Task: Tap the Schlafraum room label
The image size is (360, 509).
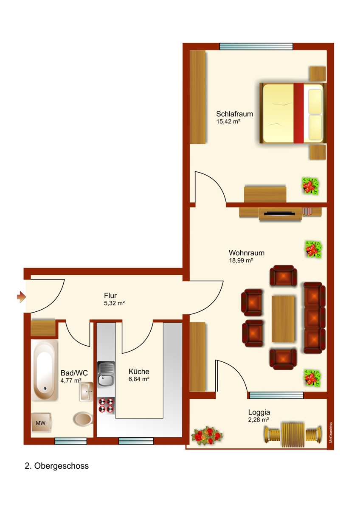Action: point(234,114)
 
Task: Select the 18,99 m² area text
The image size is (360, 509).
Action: point(241,260)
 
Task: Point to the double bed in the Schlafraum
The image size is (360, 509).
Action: point(292,113)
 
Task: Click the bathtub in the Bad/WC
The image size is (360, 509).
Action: point(45,370)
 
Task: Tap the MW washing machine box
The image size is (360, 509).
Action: point(41,423)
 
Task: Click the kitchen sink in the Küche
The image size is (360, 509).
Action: point(106,374)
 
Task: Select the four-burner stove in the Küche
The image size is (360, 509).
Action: point(106,405)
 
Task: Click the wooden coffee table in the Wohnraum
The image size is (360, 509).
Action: point(283,319)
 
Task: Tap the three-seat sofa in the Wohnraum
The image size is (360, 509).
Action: point(315,318)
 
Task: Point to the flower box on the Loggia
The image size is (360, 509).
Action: point(207,436)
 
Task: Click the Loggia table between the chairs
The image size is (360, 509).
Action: point(292,434)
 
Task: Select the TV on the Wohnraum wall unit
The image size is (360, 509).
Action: point(278,213)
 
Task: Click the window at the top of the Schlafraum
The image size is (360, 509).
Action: point(256,46)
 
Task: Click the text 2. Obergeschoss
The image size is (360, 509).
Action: point(57,466)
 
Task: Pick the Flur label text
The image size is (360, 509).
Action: point(110,296)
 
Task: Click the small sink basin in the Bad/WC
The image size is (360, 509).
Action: point(86,391)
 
